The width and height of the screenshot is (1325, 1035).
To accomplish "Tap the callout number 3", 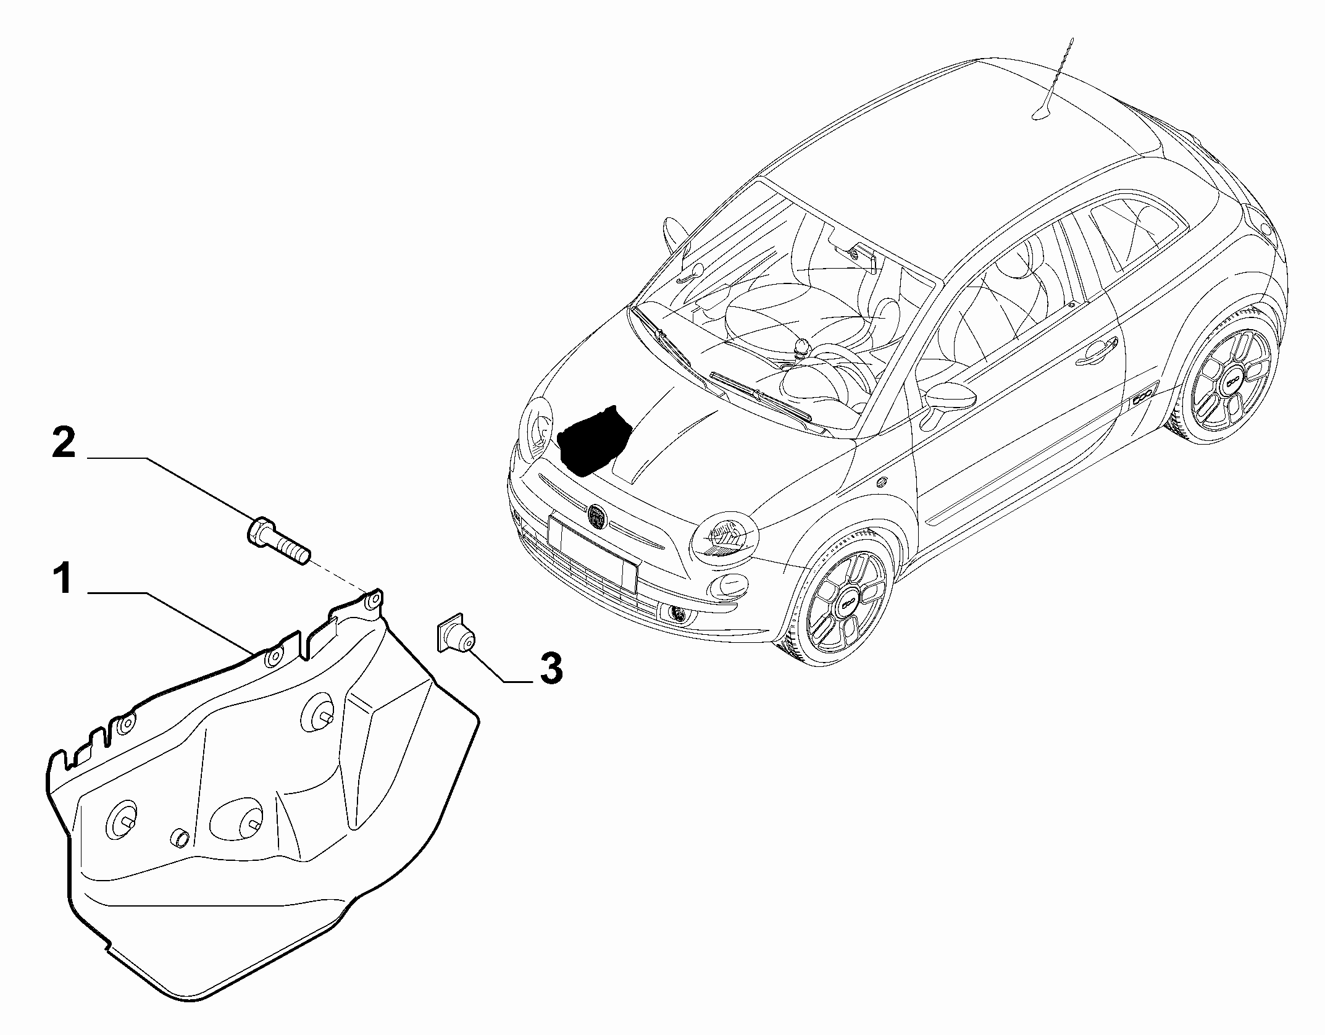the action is pos(551,669).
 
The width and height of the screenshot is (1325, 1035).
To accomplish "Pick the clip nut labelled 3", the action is pos(456,635).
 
